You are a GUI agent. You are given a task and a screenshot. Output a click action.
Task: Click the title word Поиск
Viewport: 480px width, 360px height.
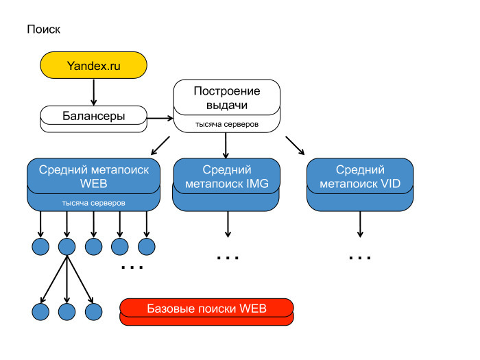(43, 29)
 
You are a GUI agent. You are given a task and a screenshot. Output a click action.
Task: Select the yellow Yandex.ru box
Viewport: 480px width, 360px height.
(93, 66)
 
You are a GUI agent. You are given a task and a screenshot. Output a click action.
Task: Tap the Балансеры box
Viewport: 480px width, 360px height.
(93, 116)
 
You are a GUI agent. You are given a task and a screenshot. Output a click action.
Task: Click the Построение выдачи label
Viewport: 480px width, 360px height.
(226, 98)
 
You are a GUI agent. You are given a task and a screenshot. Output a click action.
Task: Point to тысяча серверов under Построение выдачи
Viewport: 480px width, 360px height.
(226, 124)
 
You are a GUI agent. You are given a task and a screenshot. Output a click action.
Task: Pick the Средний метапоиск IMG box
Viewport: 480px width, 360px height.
(226, 176)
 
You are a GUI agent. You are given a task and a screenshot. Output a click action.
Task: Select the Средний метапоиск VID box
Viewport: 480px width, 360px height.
(360, 176)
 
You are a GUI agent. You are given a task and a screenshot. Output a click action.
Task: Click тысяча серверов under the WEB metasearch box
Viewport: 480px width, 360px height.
(93, 204)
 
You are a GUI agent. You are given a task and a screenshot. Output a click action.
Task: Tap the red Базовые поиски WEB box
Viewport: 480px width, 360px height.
(206, 308)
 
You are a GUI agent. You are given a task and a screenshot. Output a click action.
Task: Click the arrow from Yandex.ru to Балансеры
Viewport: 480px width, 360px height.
(93, 91)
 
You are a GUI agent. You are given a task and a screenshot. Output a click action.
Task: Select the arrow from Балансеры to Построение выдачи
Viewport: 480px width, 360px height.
(159, 118)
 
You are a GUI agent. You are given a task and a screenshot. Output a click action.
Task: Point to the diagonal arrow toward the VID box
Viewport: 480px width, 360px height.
(296, 146)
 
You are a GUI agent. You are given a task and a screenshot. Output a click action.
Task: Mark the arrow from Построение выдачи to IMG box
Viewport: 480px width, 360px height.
(226, 145)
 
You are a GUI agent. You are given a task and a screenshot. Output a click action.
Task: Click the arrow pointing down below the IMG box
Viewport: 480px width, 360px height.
(226, 225)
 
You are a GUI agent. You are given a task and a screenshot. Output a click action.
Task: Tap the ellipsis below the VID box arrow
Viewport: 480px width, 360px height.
(360, 258)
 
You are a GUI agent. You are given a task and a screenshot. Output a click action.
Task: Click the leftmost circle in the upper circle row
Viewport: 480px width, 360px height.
(40, 245)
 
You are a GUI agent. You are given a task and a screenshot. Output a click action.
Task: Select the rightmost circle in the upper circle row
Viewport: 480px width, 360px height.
(146, 245)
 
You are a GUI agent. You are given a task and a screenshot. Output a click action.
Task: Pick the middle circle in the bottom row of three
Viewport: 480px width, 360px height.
(67, 312)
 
